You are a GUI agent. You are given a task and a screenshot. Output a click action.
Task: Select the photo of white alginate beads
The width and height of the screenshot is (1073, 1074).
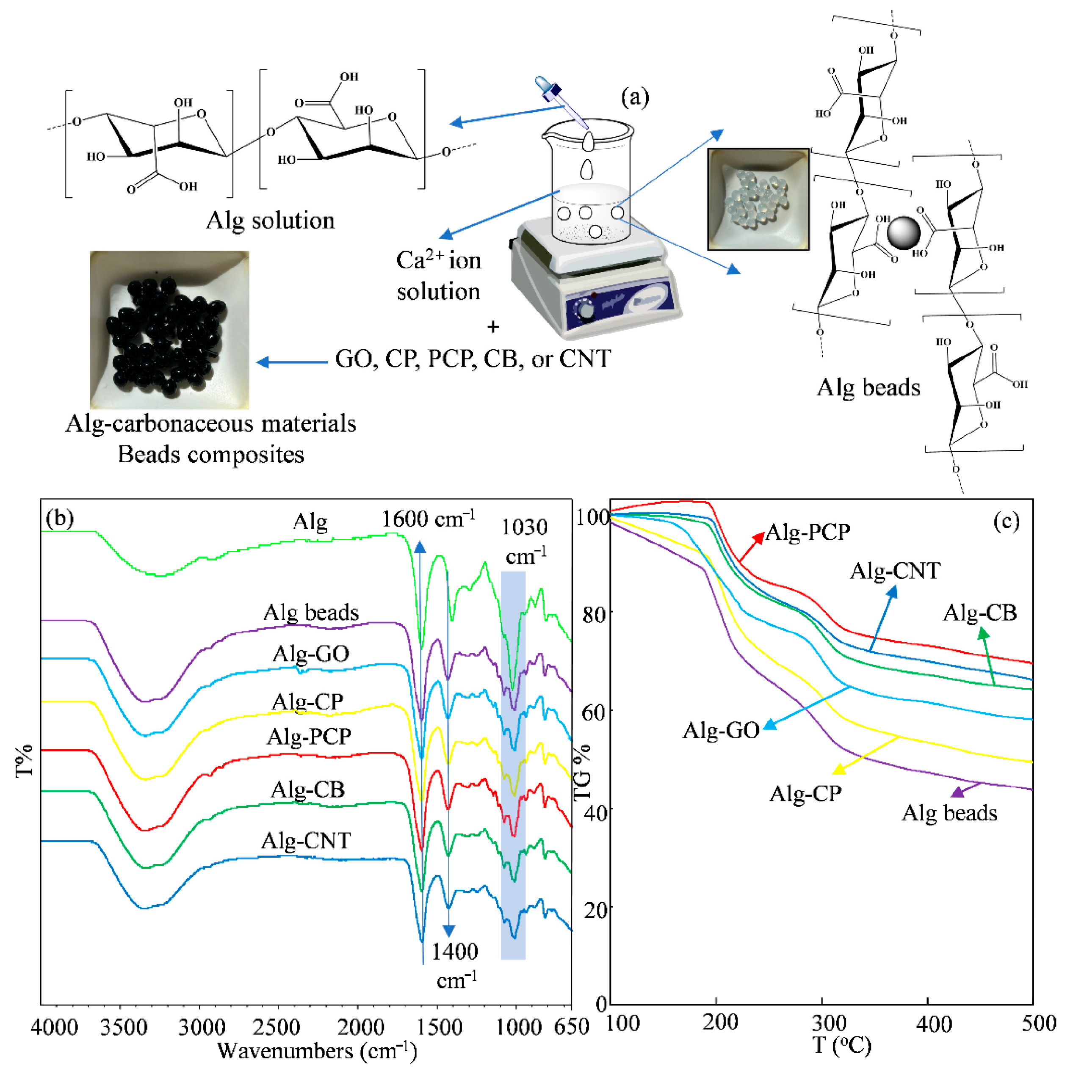click(x=758, y=199)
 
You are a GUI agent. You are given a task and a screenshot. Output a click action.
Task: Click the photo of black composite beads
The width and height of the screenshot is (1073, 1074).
click(x=169, y=330)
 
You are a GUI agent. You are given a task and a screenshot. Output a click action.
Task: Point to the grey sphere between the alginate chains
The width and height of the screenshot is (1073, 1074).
click(x=904, y=233)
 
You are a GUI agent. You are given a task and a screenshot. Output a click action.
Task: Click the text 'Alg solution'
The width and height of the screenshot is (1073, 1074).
click(x=270, y=221)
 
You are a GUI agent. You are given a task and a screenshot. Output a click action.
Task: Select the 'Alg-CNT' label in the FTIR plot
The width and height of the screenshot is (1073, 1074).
click(x=306, y=840)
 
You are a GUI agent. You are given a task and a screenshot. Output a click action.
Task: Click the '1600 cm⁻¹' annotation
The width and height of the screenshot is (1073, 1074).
click(x=428, y=519)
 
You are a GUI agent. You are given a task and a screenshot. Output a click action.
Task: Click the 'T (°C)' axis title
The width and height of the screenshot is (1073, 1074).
click(x=842, y=1046)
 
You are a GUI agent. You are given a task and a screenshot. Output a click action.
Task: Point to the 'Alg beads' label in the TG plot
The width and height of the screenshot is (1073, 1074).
click(x=950, y=813)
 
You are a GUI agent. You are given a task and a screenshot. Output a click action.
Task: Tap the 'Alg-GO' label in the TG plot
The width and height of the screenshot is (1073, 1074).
click(x=721, y=730)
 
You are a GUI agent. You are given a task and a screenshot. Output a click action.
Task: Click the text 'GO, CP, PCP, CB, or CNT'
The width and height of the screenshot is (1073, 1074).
click(x=473, y=359)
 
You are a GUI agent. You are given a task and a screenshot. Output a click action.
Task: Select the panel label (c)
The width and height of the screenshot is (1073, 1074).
click(x=1006, y=521)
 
